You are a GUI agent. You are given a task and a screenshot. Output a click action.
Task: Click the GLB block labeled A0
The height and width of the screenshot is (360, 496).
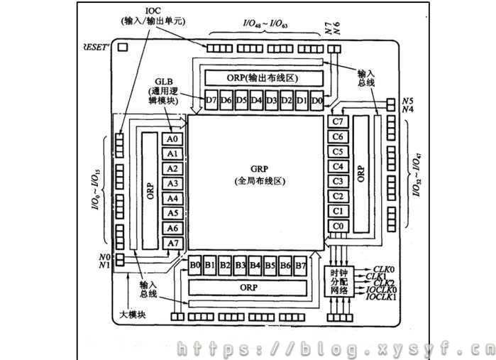(172, 139)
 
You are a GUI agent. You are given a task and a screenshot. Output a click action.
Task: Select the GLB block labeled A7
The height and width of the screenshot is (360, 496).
(172, 243)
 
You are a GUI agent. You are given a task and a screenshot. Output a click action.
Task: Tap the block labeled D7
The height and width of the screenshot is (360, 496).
(211, 100)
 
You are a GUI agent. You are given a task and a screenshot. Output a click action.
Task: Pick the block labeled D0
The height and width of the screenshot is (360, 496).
(316, 100)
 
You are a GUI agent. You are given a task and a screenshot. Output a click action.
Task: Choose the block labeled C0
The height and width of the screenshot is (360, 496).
(338, 227)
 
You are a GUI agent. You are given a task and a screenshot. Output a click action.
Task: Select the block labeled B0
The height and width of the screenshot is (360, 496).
(195, 266)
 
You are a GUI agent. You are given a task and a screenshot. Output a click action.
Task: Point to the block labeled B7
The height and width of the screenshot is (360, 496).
(300, 266)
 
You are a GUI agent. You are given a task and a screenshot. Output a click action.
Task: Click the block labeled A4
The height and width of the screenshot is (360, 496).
(172, 198)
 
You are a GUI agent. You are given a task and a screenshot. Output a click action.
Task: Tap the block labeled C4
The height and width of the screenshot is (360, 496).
(338, 167)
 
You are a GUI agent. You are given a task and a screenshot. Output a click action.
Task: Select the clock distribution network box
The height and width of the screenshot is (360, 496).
(339, 282)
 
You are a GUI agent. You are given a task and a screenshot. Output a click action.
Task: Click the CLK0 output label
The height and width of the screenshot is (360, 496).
(383, 269)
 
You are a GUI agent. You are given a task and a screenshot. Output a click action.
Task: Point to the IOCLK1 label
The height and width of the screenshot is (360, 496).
(381, 298)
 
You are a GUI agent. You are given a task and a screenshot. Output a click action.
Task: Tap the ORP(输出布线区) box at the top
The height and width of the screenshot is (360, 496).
(263, 77)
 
